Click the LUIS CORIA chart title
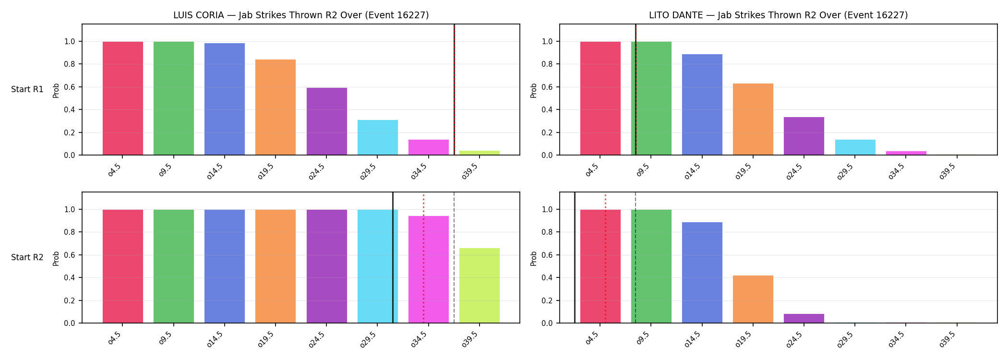click(x=301, y=15)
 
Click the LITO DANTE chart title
click(x=779, y=15)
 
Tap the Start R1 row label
click(x=27, y=90)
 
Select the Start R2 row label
click(x=27, y=258)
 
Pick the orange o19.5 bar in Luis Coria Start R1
click(x=276, y=107)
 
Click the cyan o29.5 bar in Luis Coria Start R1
click(x=378, y=137)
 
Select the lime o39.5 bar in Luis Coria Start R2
click(x=480, y=286)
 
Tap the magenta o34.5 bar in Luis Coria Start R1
click(x=429, y=147)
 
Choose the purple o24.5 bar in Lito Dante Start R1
click(x=804, y=136)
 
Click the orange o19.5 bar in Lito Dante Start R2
click(x=753, y=299)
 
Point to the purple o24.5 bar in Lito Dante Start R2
click(x=804, y=318)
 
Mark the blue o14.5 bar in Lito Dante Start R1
click(x=702, y=105)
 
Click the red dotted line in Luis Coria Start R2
click(x=423, y=259)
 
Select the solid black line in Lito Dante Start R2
click(x=575, y=257)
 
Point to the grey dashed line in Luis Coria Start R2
click(x=454, y=257)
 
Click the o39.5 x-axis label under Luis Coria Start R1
click(x=470, y=171)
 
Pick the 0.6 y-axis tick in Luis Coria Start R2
click(x=70, y=255)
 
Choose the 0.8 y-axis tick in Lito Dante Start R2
click(x=547, y=232)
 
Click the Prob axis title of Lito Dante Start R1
click(x=534, y=90)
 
